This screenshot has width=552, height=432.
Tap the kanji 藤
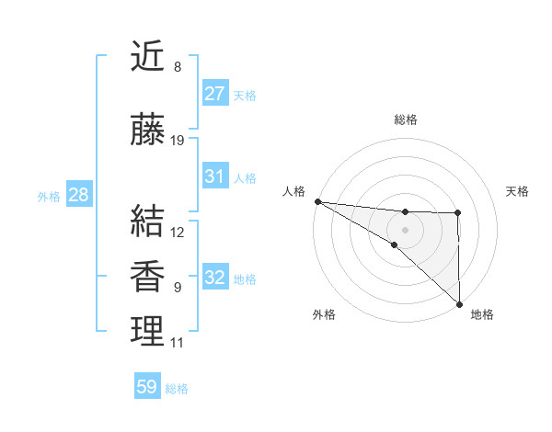point(148,131)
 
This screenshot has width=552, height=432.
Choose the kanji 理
point(148,332)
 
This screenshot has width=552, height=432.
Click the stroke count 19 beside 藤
point(178,141)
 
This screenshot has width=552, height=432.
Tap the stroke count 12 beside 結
point(178,232)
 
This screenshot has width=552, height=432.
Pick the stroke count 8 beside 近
point(178,67)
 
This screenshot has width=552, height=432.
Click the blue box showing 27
point(215,94)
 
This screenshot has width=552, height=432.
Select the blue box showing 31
point(215,176)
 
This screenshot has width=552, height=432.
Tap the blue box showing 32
point(215,278)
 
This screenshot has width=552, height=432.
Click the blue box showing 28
point(78,195)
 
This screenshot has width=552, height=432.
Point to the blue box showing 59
point(147,387)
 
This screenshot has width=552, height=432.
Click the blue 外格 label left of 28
point(49,196)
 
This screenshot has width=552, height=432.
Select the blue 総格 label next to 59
point(177,389)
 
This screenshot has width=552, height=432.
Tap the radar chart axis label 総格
point(406,119)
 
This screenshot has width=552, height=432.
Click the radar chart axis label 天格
point(518,191)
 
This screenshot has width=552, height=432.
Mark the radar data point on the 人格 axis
point(317,201)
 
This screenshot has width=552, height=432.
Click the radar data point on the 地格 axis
point(459,303)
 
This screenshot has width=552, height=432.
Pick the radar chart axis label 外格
point(324,315)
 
